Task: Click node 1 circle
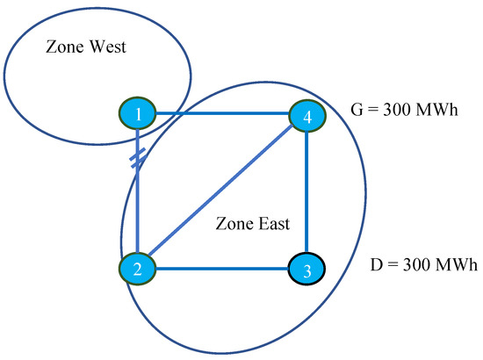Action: [x=139, y=112]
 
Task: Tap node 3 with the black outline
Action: [x=306, y=269]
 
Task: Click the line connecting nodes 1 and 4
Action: [x=224, y=113]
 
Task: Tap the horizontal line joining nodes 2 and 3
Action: [x=224, y=269]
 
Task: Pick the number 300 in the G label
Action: [x=400, y=112]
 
